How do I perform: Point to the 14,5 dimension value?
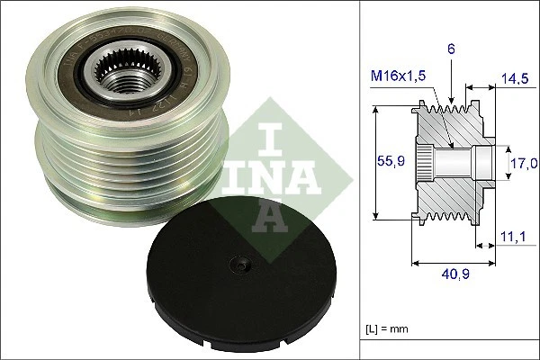point(516,80)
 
